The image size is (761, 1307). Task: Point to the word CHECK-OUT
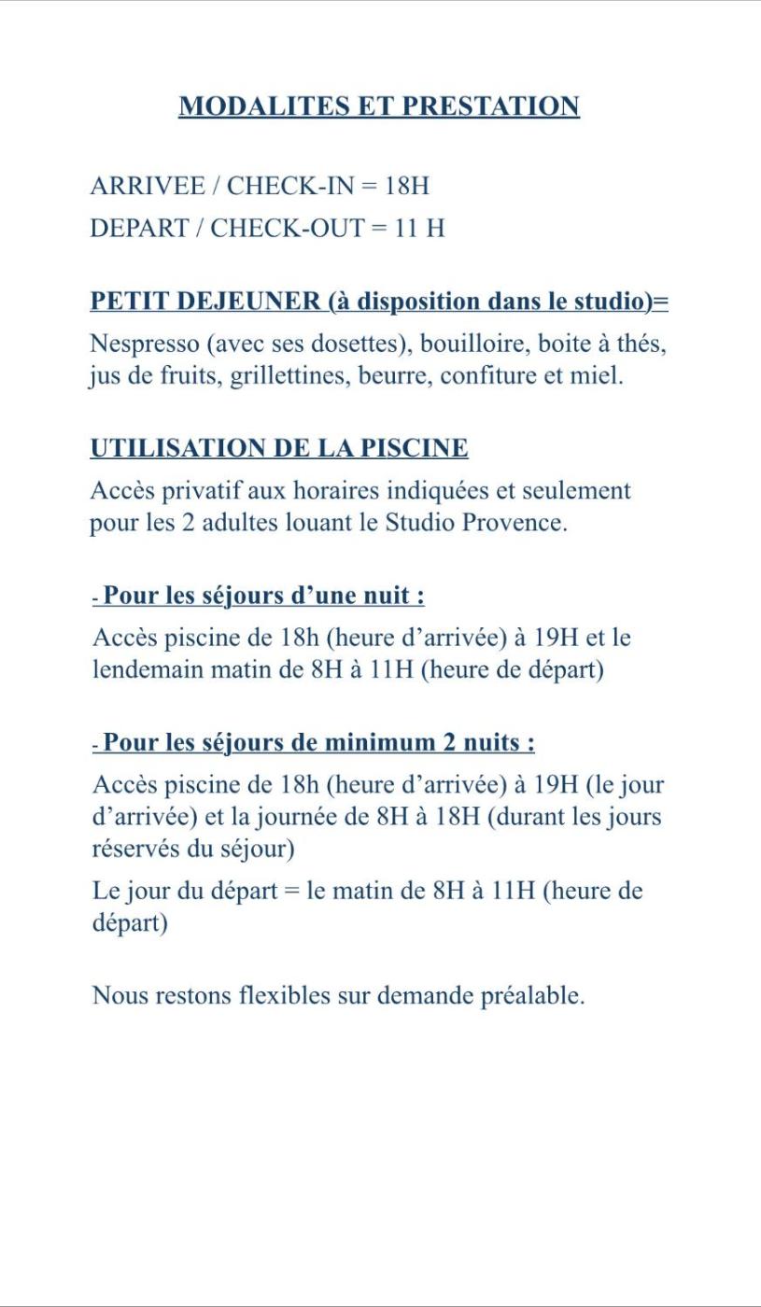click(287, 228)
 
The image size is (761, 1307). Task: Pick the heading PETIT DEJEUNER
click(204, 302)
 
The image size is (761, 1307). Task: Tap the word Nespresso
click(144, 344)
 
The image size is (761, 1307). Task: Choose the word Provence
click(521, 523)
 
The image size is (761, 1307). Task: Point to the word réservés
click(131, 849)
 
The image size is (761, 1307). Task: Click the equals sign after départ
click(290, 891)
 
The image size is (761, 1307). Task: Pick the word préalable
click(531, 995)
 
